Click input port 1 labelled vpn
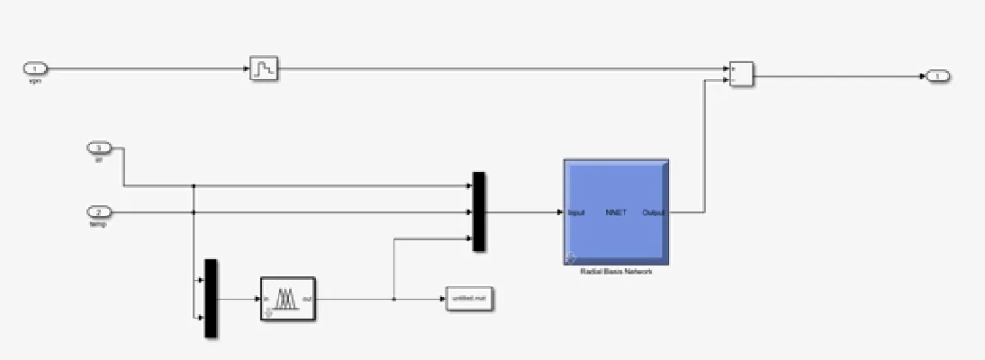[35, 68]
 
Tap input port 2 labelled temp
[98, 212]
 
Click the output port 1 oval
[937, 76]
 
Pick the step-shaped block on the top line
[264, 68]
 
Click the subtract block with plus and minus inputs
[741, 74]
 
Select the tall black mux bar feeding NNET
[479, 212]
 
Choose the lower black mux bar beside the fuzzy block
[211, 298]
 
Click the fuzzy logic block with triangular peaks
[287, 299]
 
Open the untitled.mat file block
[470, 299]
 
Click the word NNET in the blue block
[616, 213]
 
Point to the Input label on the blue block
[577, 213]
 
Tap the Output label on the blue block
[654, 213]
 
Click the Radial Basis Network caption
[616, 271]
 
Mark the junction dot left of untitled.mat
[394, 299]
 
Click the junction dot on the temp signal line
[194, 212]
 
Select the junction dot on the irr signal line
[194, 186]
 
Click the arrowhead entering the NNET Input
[559, 212]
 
